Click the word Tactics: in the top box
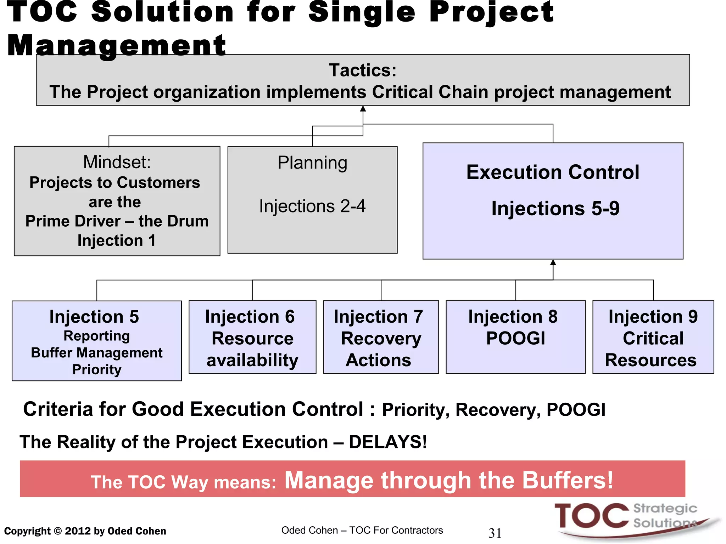click(x=362, y=70)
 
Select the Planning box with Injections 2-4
click(x=312, y=200)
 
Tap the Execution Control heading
click(x=553, y=172)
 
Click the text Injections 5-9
click(x=555, y=208)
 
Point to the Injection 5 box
click(x=96, y=341)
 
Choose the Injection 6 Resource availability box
click(x=252, y=337)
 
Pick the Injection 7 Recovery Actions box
click(x=381, y=337)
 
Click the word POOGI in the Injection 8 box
click(x=515, y=338)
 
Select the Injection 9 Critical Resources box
click(x=653, y=337)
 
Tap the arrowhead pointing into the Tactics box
click(x=363, y=109)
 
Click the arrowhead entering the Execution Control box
click(x=553, y=262)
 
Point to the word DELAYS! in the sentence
click(x=388, y=442)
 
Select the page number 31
click(x=495, y=533)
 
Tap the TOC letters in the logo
click(x=591, y=516)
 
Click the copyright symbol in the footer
click(x=57, y=531)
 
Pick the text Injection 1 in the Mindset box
click(x=117, y=240)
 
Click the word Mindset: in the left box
click(x=117, y=162)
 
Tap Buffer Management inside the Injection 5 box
click(x=96, y=353)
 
